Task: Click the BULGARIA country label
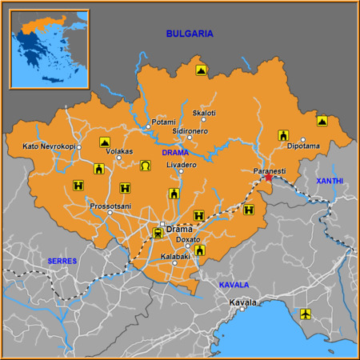[190, 34]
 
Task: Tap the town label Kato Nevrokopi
[49, 146]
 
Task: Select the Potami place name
[163, 122]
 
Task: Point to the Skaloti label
[204, 113]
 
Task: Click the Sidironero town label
[190, 130]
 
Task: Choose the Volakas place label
[120, 150]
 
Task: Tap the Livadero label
[181, 165]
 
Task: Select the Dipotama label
[303, 146]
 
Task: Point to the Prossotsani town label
[110, 206]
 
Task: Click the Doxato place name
[188, 239]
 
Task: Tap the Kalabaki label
[175, 256]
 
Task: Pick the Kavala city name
[243, 302]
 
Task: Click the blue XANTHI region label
[329, 181]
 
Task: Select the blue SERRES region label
[62, 261]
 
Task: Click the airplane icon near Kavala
[305, 314]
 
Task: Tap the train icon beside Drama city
[158, 233]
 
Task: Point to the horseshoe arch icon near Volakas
[146, 165]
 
